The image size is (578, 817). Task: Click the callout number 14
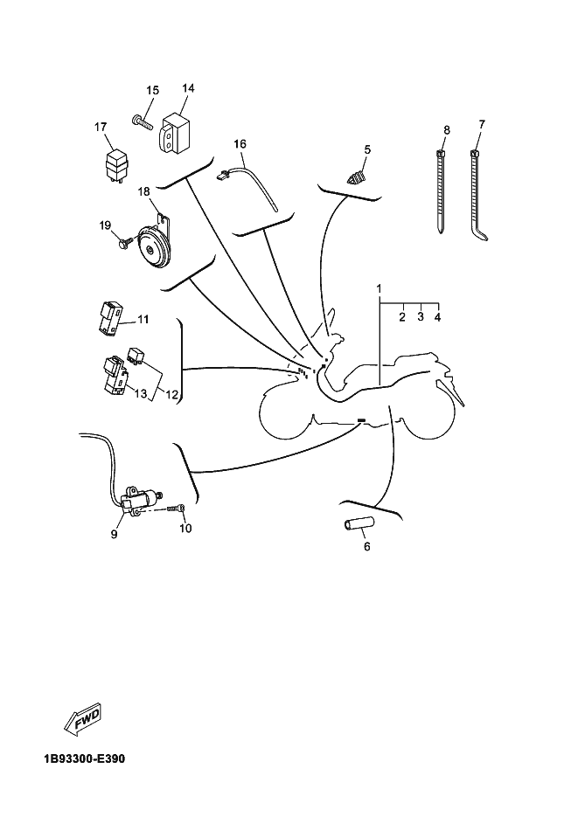tap(188, 88)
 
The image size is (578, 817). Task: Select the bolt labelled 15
tap(143, 121)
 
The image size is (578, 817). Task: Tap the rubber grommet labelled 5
tap(356, 179)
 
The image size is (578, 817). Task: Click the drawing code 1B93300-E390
tap(84, 758)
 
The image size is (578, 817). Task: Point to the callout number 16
tap(240, 143)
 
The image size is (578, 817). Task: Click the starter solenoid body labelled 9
tap(143, 501)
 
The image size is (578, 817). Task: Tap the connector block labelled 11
tap(110, 319)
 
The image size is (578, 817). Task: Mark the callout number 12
tap(172, 395)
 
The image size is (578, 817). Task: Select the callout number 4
tap(437, 317)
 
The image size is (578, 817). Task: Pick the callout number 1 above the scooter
tap(380, 287)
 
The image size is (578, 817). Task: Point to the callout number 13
tap(140, 395)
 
